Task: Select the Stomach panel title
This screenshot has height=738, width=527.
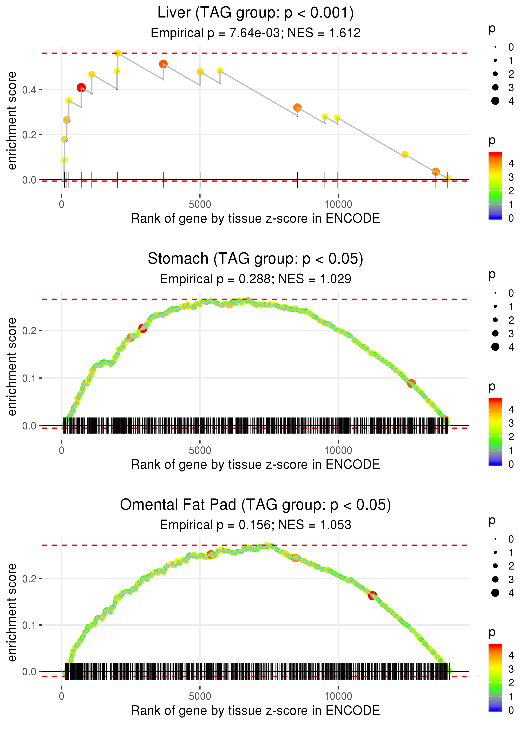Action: pyautogui.click(x=255, y=259)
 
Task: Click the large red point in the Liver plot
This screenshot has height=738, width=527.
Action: pyautogui.click(x=81, y=88)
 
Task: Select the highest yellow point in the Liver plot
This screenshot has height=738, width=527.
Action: pyautogui.click(x=118, y=53)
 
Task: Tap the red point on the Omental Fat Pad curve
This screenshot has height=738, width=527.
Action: pyautogui.click(x=372, y=595)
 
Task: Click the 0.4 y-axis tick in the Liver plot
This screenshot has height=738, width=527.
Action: pyautogui.click(x=29, y=90)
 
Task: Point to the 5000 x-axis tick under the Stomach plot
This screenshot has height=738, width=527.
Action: pyautogui.click(x=200, y=450)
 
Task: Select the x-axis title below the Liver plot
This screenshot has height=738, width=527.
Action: pyautogui.click(x=255, y=219)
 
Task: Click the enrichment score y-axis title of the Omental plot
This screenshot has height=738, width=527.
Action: pyautogui.click(x=12, y=612)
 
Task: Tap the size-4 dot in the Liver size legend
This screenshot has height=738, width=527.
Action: pyautogui.click(x=495, y=101)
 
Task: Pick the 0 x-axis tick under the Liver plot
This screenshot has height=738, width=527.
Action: pyautogui.click(x=62, y=205)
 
